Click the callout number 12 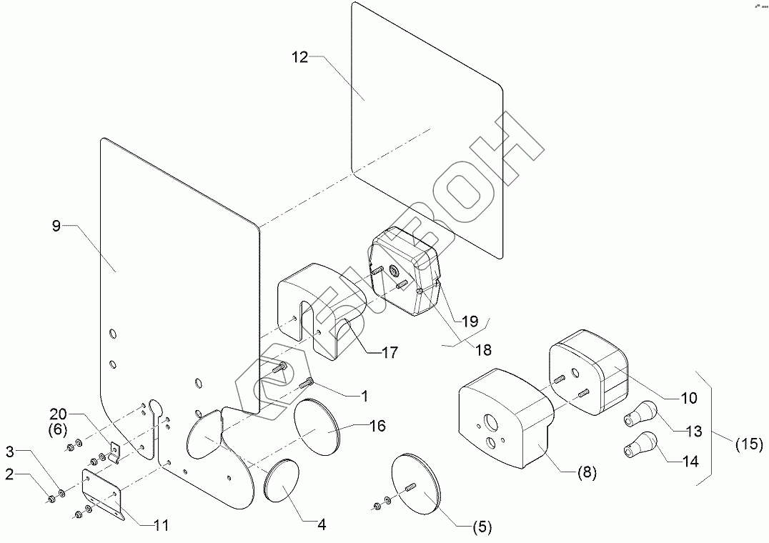[x=300, y=57]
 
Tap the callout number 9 [x=56, y=226]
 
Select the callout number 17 [x=389, y=352]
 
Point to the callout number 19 [x=470, y=322]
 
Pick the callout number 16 [x=377, y=426]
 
